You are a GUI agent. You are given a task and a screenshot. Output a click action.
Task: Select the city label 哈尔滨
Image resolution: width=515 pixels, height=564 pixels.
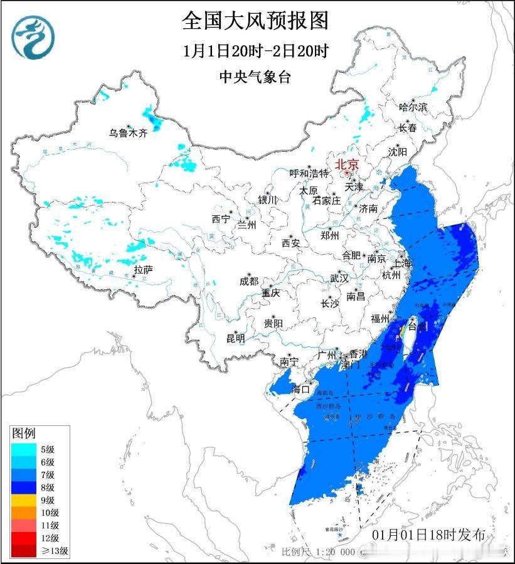point(413,107)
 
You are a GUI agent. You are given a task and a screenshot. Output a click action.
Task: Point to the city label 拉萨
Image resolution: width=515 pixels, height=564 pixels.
point(143,270)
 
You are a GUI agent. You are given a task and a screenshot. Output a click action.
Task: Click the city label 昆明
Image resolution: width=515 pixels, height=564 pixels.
point(236,339)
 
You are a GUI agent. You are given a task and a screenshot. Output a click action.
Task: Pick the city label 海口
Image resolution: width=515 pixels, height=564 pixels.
point(300,390)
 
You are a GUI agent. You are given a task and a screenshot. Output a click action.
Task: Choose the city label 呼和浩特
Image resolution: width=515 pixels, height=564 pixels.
point(309,173)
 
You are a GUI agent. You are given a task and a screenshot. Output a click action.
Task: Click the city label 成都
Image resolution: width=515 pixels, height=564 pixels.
point(249,282)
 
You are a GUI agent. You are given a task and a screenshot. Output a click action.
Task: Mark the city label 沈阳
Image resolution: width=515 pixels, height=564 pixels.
point(397,152)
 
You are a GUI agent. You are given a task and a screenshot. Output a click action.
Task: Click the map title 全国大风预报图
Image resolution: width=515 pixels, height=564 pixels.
point(255,21)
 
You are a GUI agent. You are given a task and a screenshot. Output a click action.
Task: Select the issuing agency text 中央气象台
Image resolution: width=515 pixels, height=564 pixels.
point(255,77)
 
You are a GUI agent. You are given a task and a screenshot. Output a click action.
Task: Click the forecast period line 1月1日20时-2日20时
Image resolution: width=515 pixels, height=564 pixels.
point(255,51)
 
